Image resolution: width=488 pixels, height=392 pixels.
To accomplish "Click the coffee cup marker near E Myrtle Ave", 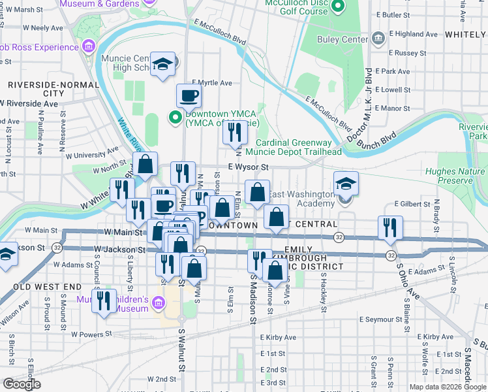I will pos(189,96).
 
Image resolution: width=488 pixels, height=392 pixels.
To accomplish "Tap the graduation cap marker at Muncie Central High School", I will pos(163,65).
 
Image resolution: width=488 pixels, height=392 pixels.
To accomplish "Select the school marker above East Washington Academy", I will pos(346,183).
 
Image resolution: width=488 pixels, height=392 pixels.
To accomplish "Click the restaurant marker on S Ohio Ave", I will pos(390,228).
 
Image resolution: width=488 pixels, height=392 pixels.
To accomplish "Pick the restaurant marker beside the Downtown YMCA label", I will pos(235,133).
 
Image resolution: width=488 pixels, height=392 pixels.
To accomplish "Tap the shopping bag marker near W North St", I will pos(145,164).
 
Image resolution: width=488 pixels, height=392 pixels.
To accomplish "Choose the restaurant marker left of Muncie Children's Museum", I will pos(104,301).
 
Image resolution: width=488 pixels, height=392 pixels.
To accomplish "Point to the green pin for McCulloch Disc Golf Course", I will pos(337,8).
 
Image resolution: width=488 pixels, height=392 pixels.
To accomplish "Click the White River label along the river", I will pos(129,134).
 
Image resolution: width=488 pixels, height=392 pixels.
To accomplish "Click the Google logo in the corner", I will pos(22,384).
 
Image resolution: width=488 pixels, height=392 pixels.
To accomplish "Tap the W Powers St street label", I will pos(92,335).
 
